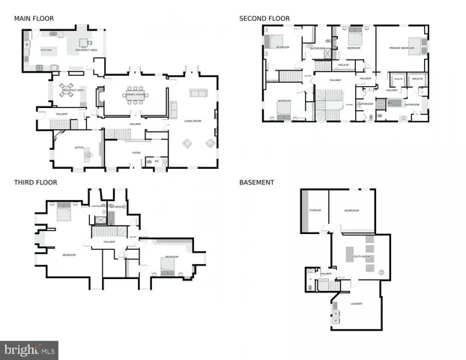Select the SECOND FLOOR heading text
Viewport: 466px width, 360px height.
(264, 17)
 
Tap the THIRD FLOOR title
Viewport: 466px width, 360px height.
(35, 181)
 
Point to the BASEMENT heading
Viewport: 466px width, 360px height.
(256, 181)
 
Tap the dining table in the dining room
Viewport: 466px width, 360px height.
(135, 94)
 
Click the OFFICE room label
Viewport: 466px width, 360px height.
(78, 148)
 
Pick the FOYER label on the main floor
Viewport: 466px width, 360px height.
(136, 153)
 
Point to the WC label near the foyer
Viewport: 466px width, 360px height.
(157, 160)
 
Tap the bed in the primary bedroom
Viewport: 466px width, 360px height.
(416, 42)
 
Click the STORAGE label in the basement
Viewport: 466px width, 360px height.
(315, 210)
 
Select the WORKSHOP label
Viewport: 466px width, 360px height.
(352, 210)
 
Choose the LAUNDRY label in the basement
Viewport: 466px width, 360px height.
(356, 304)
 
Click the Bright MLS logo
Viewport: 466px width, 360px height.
(30, 349)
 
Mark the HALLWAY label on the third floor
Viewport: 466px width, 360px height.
(109, 242)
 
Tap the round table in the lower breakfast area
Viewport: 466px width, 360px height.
(67, 90)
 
